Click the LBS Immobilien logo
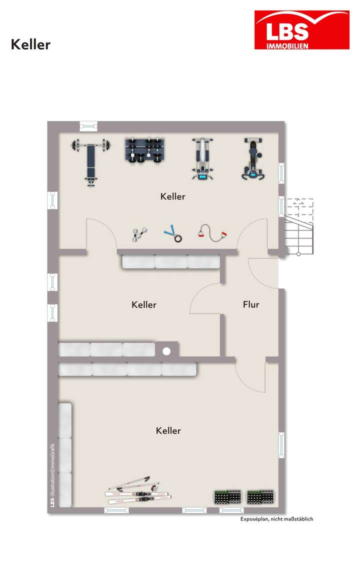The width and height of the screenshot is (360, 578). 301,30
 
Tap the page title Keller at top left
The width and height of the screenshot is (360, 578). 30,44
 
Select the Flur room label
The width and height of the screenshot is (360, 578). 251,304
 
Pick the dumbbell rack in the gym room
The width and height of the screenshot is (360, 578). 144,150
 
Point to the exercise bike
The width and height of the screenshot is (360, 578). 253,159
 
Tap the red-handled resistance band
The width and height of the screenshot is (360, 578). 212,232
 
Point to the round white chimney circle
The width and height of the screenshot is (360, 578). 166,351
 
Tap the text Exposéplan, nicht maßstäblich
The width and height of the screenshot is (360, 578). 276,519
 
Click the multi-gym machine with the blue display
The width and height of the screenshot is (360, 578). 202,159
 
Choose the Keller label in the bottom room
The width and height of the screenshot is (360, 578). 168,430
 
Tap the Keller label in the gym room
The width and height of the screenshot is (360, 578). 172,196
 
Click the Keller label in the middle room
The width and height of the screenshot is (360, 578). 144,304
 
